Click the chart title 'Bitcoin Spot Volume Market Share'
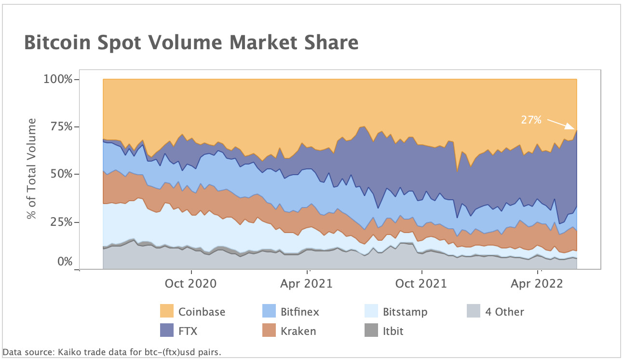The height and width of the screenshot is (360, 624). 191,43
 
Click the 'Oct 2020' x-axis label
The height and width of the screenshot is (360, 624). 191,284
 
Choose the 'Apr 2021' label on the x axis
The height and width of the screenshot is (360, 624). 307,284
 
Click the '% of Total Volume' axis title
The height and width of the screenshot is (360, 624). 32,168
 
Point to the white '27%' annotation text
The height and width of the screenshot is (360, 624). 531,120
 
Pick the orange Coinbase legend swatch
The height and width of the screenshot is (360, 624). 167,311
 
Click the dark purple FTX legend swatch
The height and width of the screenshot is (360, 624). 167,331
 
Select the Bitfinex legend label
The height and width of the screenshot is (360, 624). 299,312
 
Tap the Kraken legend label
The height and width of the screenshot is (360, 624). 298,331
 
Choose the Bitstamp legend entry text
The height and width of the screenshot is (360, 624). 405,312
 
